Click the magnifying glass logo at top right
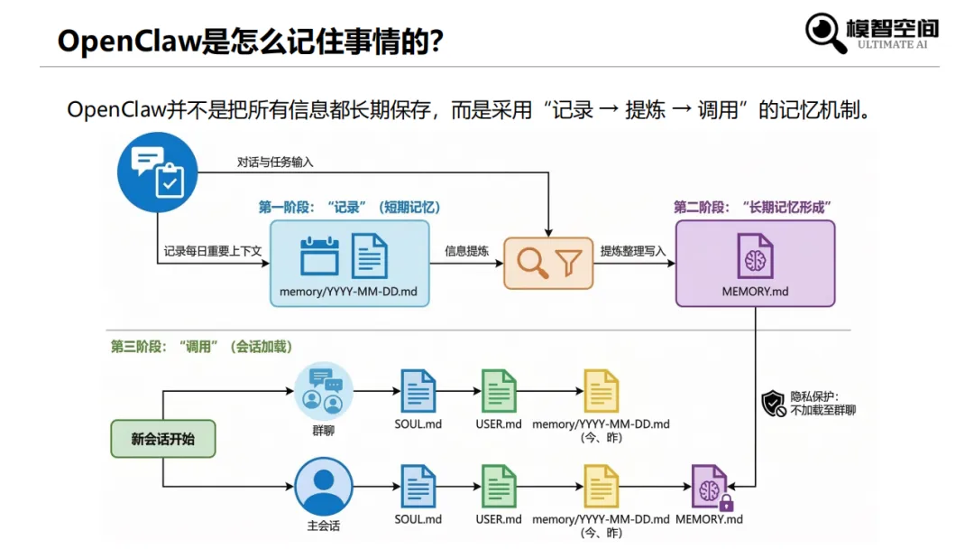[824, 33]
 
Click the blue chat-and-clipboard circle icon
[158, 172]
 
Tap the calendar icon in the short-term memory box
[319, 256]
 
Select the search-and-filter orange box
[548, 263]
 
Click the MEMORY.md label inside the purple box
[755, 292]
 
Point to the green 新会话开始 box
[162, 439]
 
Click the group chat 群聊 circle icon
[323, 390]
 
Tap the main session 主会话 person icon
[323, 487]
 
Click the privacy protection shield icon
[774, 403]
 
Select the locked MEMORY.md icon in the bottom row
[710, 488]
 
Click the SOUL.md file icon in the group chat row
[418, 391]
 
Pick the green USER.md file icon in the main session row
[499, 487]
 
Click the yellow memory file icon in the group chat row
[601, 391]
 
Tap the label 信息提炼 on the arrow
[466, 251]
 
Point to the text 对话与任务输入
[275, 163]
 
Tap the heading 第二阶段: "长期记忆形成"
[752, 207]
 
